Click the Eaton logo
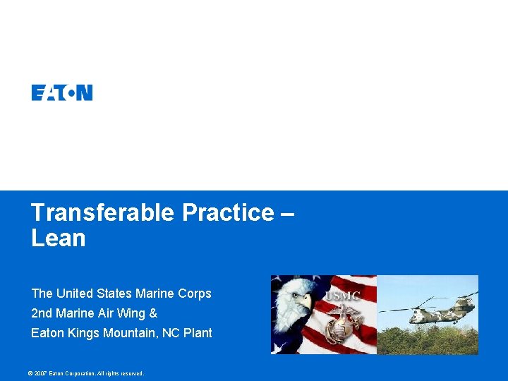(x=62, y=92)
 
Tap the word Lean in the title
(x=59, y=238)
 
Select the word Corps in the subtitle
(x=194, y=294)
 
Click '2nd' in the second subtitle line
(x=41, y=313)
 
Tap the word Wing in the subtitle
(x=133, y=313)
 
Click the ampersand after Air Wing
(x=153, y=313)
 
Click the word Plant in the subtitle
(x=198, y=333)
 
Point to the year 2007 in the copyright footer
(x=40, y=373)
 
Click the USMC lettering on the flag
(x=343, y=295)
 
